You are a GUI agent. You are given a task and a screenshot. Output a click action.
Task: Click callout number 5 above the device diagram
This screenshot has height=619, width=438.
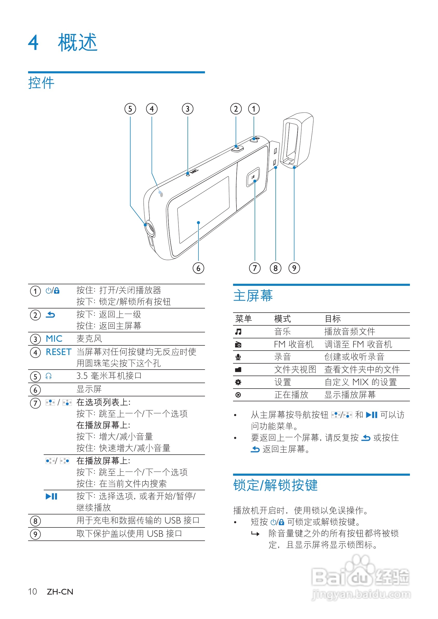click(130, 109)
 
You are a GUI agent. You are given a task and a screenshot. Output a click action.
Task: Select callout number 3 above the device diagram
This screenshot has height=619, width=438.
click(188, 109)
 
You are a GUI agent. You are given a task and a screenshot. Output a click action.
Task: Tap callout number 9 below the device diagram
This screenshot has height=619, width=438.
click(294, 268)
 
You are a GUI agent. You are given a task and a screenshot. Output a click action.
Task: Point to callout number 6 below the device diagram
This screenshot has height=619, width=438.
click(198, 268)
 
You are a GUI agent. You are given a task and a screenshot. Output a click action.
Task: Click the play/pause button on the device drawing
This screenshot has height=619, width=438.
click(253, 177)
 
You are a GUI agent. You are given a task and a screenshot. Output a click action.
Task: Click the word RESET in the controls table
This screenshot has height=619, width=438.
click(59, 352)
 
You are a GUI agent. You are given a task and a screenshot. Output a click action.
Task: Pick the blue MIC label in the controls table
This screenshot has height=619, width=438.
click(54, 339)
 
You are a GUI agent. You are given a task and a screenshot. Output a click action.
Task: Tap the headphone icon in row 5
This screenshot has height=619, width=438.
click(49, 376)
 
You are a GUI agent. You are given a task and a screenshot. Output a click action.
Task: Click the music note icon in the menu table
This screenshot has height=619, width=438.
click(238, 332)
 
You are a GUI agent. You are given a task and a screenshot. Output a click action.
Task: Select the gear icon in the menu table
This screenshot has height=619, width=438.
click(238, 382)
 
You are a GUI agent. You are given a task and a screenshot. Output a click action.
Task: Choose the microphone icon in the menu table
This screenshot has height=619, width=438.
click(238, 357)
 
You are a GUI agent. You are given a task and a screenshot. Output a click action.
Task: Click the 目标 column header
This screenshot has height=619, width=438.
click(333, 319)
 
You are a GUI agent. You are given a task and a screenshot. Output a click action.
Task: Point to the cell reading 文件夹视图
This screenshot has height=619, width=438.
click(295, 370)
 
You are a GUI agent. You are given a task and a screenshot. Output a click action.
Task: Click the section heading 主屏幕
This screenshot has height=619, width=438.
click(253, 296)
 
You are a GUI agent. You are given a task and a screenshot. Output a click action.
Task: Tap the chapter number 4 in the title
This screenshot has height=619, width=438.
click(34, 43)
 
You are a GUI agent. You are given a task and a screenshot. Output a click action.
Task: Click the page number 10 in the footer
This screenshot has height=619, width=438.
click(32, 592)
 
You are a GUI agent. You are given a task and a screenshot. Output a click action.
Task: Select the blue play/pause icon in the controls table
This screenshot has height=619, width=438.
click(51, 496)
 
